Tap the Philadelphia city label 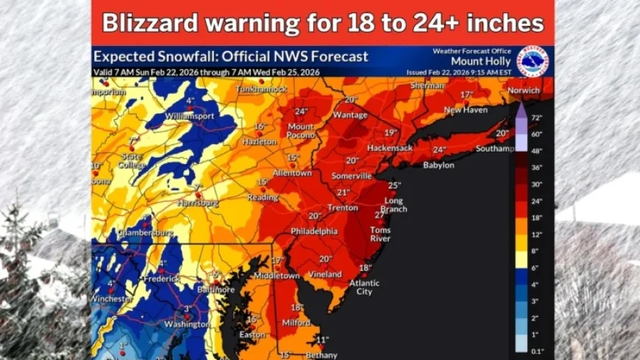[314, 230]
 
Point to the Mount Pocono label [300, 131]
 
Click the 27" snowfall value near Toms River [380, 215]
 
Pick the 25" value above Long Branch [394, 186]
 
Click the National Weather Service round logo [533, 61]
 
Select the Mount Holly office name [477, 61]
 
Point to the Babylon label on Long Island [438, 165]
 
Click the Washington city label [187, 324]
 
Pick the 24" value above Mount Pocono [301, 112]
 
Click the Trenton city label [342, 208]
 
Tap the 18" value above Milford [297, 308]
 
